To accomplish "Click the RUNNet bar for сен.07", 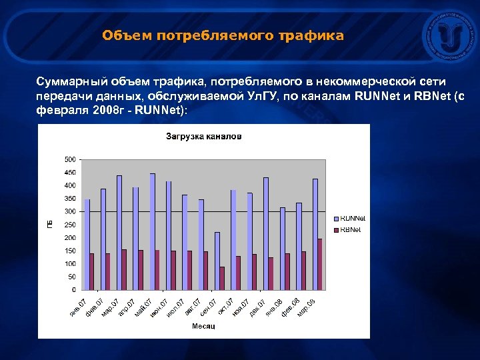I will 217,261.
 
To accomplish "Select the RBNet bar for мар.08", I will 320,264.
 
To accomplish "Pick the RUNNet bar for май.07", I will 152,231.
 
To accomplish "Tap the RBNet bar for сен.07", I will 222,278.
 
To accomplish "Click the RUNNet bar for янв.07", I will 87,244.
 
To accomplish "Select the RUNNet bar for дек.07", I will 266,233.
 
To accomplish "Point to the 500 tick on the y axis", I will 69,159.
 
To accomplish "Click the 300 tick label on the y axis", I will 69,211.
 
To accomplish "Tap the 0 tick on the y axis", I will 73,290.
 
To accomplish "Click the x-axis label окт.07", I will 225,305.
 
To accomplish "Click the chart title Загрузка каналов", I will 203,137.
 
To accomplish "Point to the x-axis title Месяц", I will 203,326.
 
